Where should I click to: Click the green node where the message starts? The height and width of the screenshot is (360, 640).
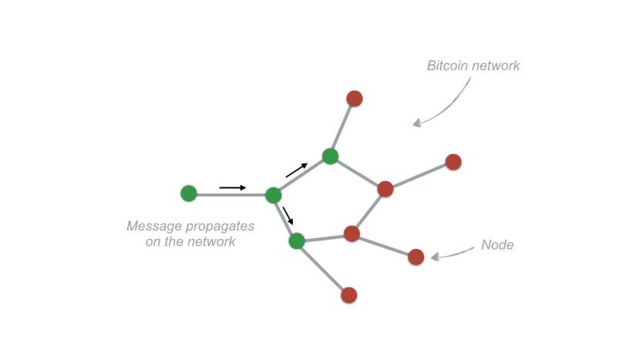pyautogui.click(x=189, y=193)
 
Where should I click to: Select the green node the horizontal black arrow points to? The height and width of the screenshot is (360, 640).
pyautogui.click(x=273, y=195)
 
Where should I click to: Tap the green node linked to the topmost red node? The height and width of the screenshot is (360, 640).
pyautogui.click(x=330, y=156)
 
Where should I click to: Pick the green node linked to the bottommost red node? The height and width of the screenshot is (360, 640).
pyautogui.click(x=297, y=241)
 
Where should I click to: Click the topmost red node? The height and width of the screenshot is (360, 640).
pyautogui.click(x=355, y=99)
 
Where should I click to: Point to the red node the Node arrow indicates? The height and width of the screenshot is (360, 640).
pyautogui.click(x=416, y=257)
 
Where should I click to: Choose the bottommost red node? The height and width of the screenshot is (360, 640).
pyautogui.click(x=349, y=294)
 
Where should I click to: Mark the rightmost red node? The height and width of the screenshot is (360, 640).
pyautogui.click(x=453, y=162)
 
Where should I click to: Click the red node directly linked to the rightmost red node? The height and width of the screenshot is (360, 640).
pyautogui.click(x=386, y=189)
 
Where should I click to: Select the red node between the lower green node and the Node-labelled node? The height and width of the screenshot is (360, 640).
pyautogui.click(x=352, y=234)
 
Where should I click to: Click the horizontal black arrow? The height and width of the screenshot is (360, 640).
pyautogui.click(x=233, y=187)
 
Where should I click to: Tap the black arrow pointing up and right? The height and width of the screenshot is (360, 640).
pyautogui.click(x=297, y=170)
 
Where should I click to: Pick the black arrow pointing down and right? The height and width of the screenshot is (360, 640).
pyautogui.click(x=288, y=216)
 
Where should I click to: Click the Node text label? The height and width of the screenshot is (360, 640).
pyautogui.click(x=497, y=245)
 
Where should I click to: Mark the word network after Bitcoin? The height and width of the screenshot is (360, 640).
pyautogui.click(x=497, y=66)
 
